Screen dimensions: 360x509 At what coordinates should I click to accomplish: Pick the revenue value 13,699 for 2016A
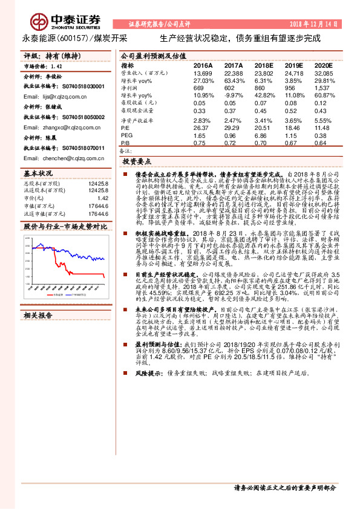(203, 73)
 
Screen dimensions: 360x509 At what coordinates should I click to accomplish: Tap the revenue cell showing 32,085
(324, 73)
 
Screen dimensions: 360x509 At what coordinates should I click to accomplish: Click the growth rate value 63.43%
(233, 80)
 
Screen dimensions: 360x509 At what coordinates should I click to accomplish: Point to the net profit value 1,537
(326, 88)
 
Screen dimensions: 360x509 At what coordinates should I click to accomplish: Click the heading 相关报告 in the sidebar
(38, 316)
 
